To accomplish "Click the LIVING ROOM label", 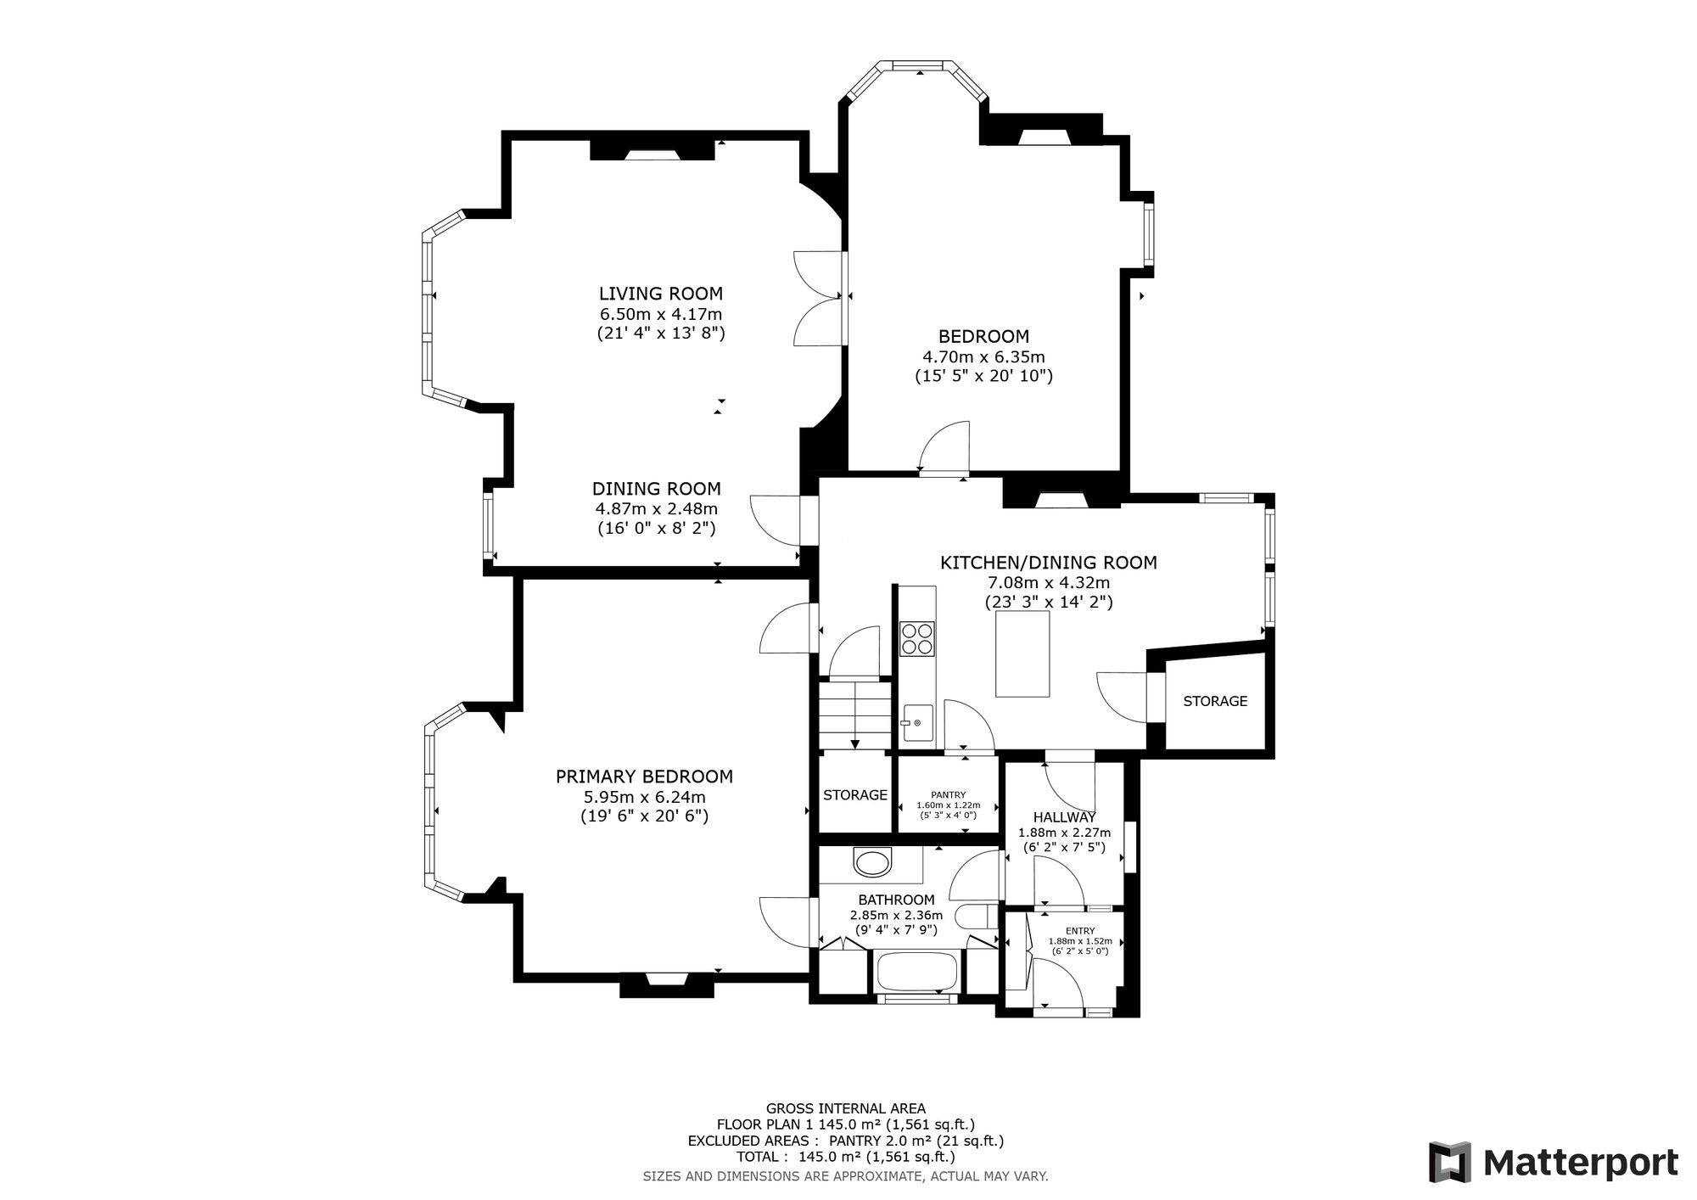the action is (661, 294).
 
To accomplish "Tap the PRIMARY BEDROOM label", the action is (644, 777).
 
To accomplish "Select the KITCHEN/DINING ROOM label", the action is (1049, 563).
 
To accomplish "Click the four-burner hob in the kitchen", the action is (918, 639).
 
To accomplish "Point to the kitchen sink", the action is (917, 723).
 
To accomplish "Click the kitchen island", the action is (1022, 654).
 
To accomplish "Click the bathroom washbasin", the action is (873, 864).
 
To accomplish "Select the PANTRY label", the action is (949, 795).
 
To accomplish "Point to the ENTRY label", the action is (1080, 931).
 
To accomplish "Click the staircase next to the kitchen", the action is (855, 715).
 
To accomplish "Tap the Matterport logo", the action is (1554, 1162).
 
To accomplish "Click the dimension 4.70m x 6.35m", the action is (983, 356).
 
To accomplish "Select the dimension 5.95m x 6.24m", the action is (645, 797).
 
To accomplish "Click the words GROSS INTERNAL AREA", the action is (846, 1107).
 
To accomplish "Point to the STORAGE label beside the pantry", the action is (855, 795).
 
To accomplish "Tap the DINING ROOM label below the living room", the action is (657, 489).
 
